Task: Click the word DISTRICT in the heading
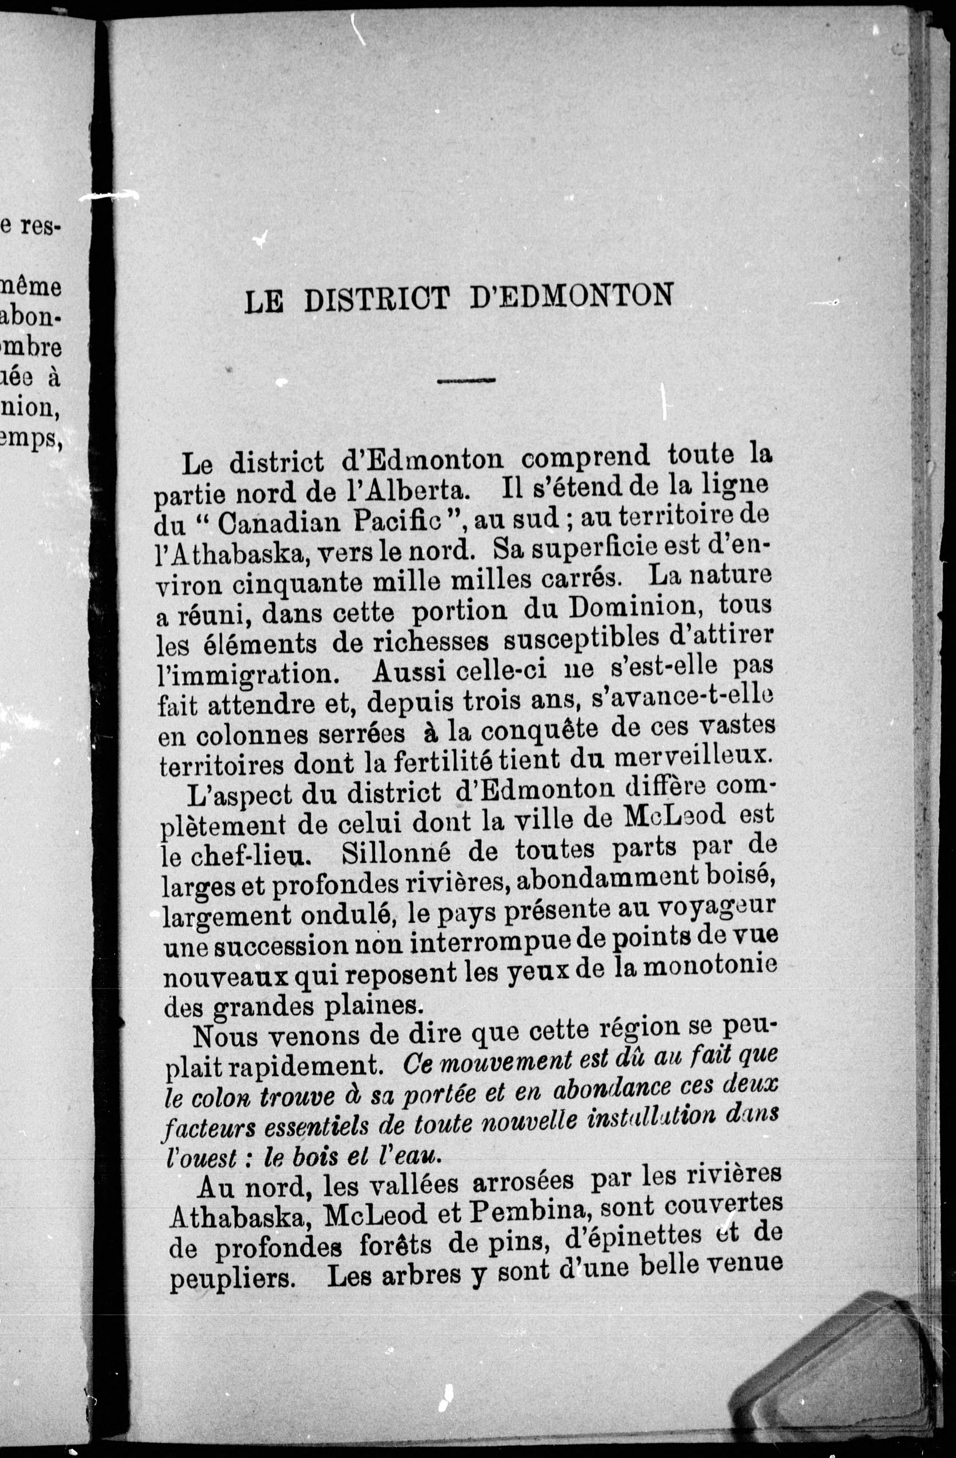point(377,300)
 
